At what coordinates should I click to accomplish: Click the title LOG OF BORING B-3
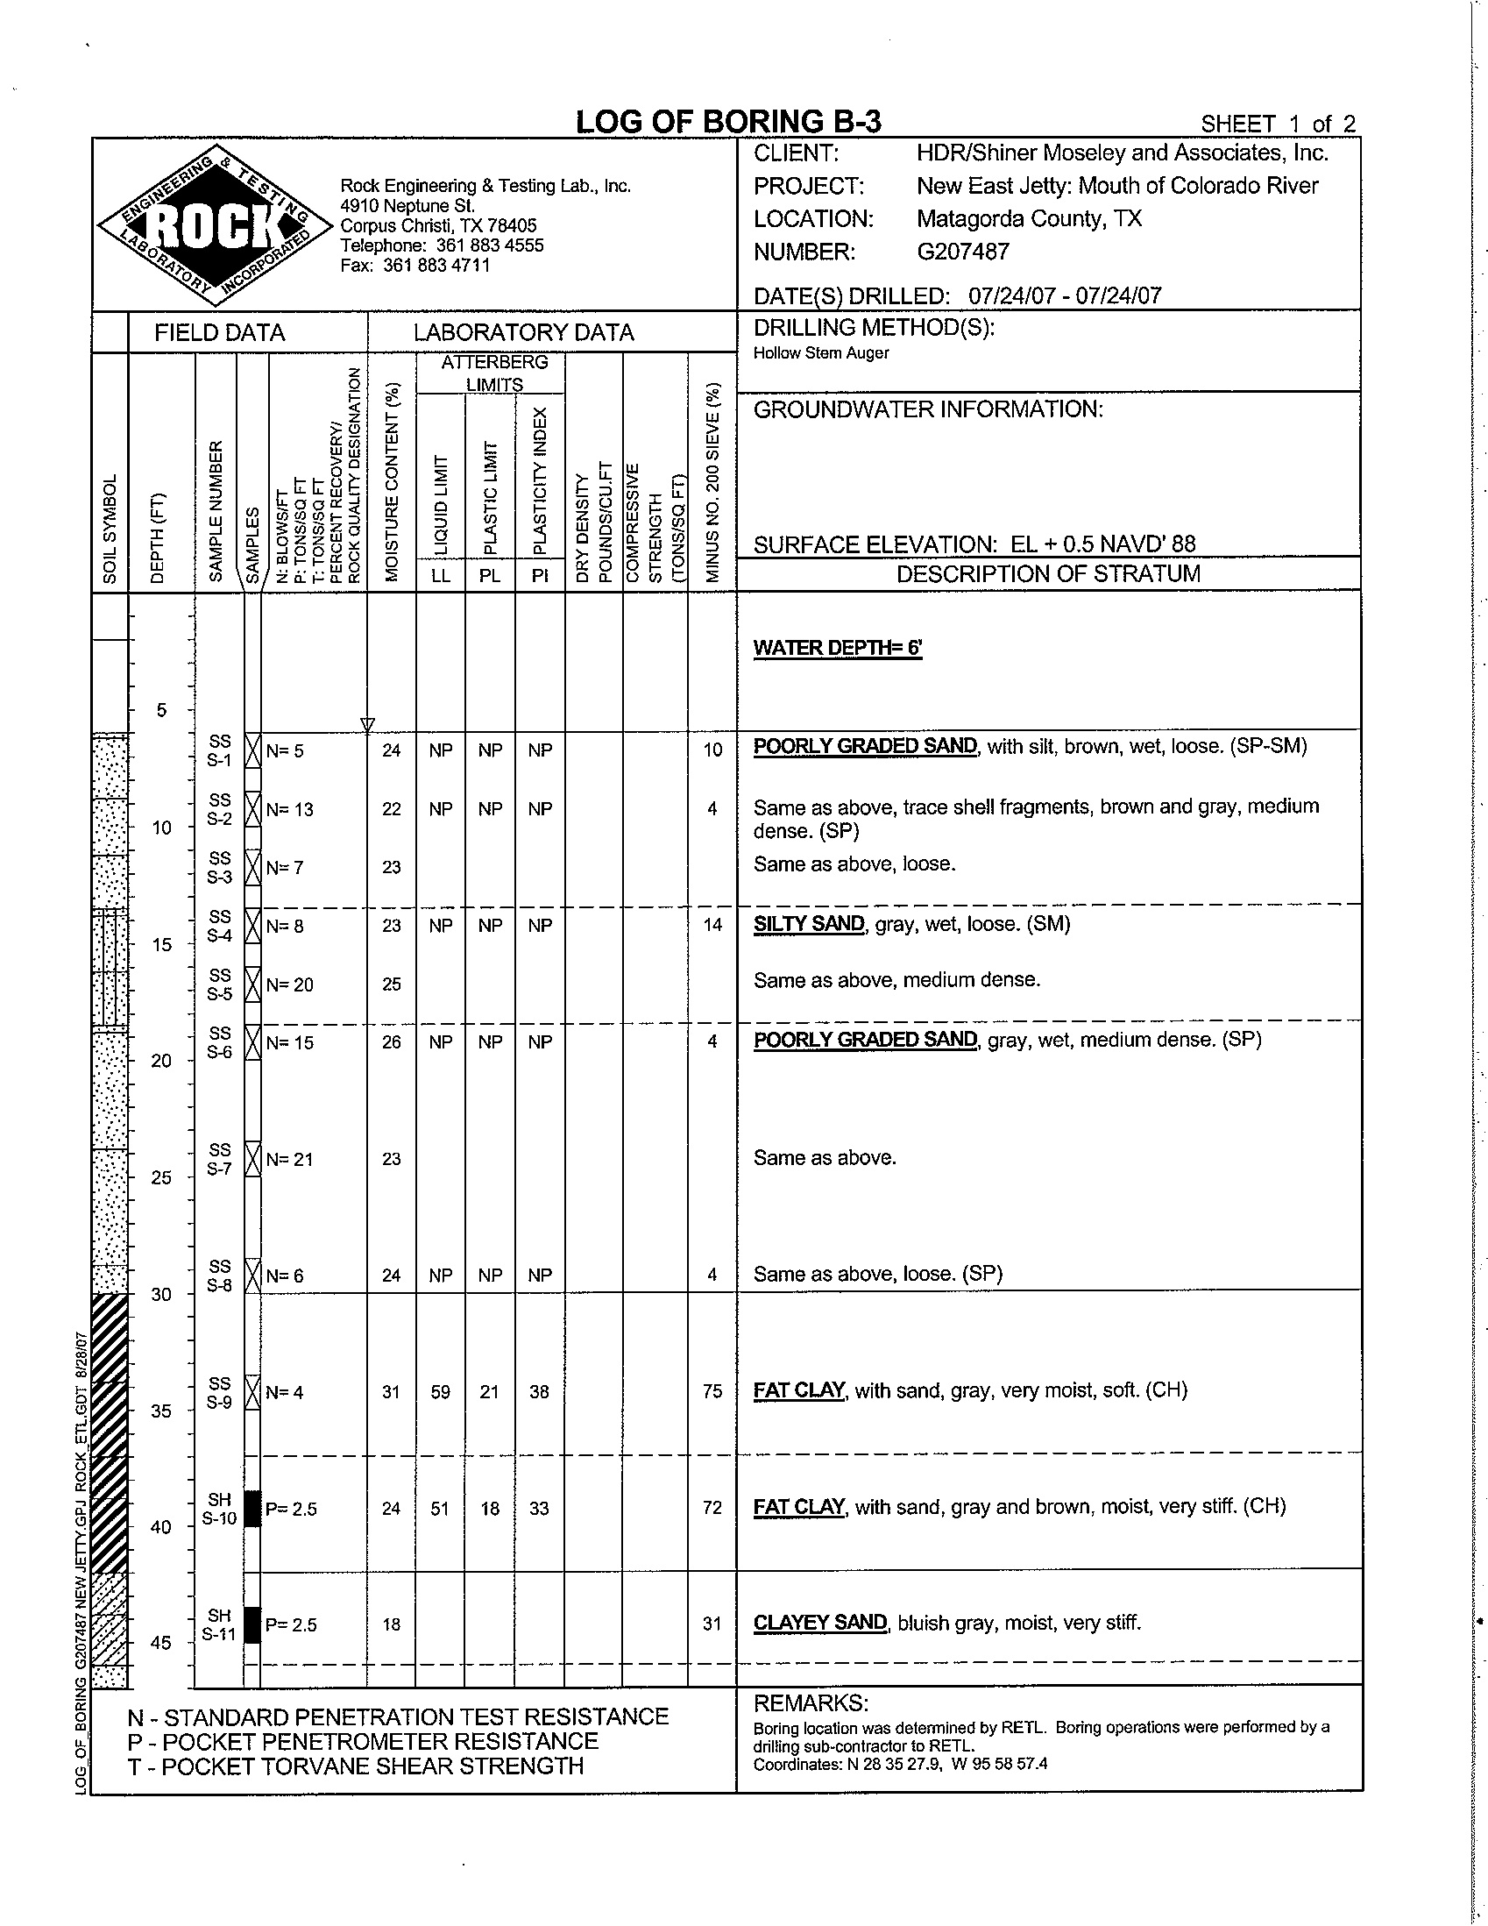point(727,122)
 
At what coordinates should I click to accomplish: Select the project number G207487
point(962,252)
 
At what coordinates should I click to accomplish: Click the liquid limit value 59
point(441,1391)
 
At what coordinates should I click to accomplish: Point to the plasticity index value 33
point(540,1508)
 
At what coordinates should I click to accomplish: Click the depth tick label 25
point(161,1177)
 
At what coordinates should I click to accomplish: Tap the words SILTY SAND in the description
point(808,924)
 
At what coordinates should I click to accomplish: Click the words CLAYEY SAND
point(820,1623)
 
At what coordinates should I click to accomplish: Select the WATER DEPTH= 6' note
point(838,648)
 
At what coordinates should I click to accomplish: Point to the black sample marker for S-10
point(252,1508)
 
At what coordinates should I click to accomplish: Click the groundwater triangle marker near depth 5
point(367,725)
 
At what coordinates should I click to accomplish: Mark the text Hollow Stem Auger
point(821,353)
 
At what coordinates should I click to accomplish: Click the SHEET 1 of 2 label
point(1278,124)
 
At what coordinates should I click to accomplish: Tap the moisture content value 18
point(392,1624)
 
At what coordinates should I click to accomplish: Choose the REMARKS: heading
point(811,1702)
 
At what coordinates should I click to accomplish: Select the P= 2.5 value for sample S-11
point(291,1624)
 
